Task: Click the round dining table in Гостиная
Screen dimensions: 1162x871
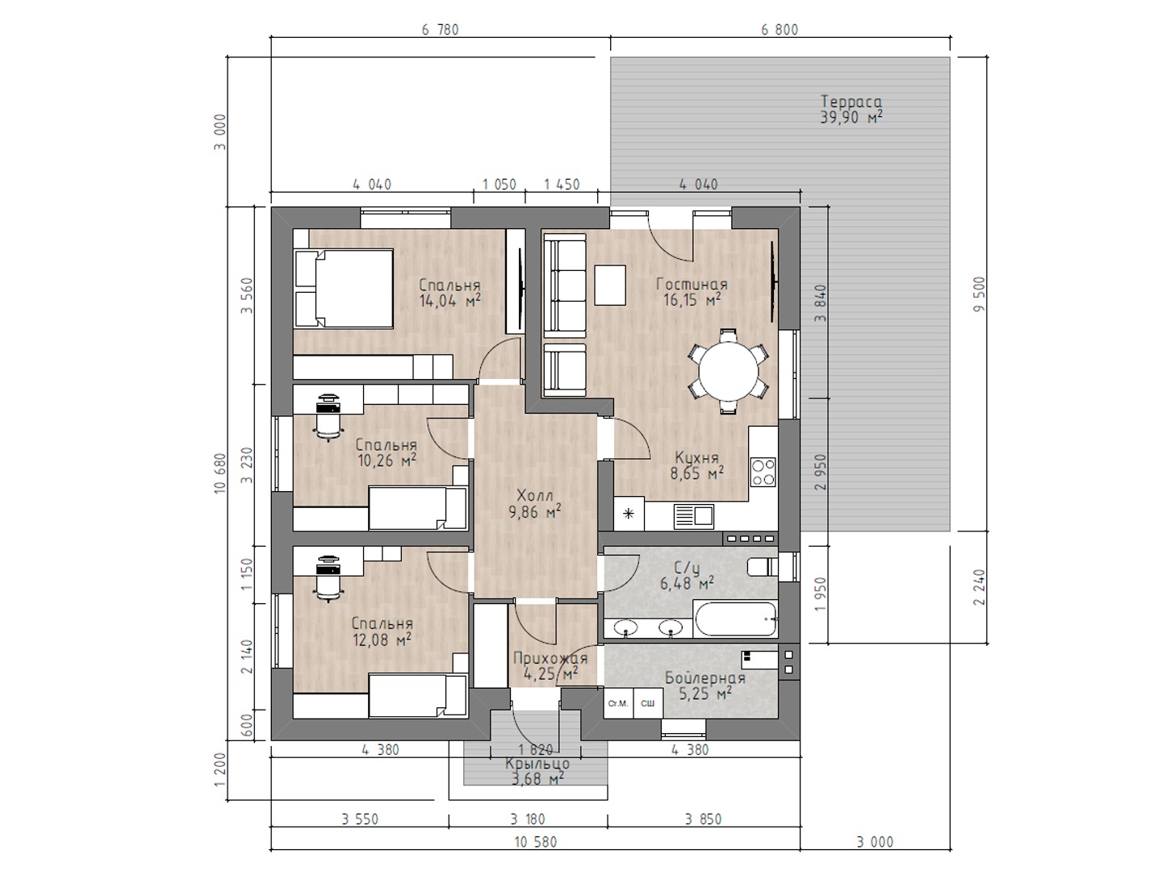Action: [728, 371]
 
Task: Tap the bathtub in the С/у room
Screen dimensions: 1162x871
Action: [737, 619]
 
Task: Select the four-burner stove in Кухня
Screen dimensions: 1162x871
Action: [763, 472]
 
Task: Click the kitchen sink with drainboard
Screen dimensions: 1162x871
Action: [693, 516]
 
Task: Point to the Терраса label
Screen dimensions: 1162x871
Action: [851, 101]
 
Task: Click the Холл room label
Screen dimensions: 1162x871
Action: [535, 495]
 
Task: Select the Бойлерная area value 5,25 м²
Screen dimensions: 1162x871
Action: [705, 693]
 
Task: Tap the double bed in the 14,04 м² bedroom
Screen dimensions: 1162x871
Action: [344, 289]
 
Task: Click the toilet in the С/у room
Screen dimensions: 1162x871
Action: [763, 568]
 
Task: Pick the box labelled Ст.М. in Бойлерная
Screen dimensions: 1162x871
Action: [618, 703]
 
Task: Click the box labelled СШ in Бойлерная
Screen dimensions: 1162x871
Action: [648, 703]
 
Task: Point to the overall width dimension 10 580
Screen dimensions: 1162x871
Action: [536, 841]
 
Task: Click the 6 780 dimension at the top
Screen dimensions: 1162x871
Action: [440, 30]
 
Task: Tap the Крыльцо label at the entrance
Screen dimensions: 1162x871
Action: [537, 764]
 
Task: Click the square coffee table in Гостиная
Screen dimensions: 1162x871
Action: [610, 285]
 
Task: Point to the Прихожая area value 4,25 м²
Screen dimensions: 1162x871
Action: [550, 673]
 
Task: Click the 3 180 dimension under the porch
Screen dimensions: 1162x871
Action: [527, 819]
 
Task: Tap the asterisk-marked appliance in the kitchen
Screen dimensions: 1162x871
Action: [629, 513]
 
